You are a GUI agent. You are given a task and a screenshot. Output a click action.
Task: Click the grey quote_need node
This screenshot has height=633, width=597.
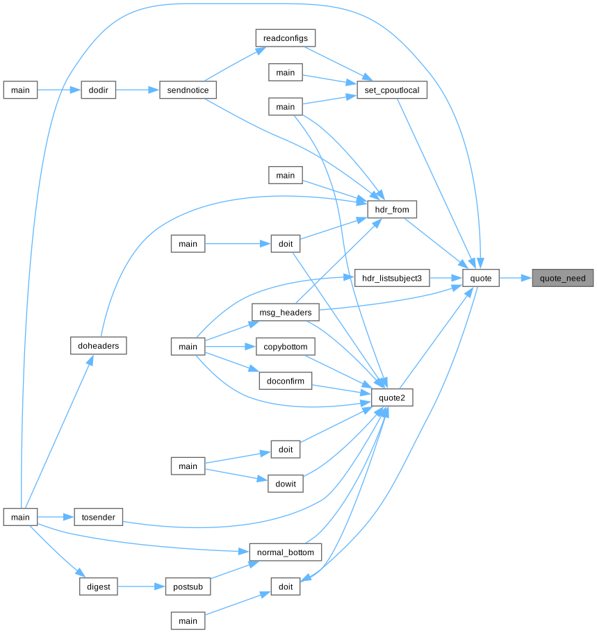pyautogui.click(x=563, y=279)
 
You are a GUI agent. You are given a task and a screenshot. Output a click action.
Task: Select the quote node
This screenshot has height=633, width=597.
pyautogui.click(x=481, y=279)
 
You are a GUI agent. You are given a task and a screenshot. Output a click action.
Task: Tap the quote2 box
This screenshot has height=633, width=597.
pyautogui.click(x=393, y=397)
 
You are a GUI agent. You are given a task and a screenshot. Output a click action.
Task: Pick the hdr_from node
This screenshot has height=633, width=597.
pyautogui.click(x=392, y=208)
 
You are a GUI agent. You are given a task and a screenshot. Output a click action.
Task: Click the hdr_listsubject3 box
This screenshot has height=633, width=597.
pyautogui.click(x=393, y=279)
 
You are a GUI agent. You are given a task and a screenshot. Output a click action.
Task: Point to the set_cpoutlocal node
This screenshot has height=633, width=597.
pyautogui.click(x=391, y=90)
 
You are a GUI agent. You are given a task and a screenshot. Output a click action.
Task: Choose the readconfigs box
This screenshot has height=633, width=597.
pyautogui.click(x=286, y=38)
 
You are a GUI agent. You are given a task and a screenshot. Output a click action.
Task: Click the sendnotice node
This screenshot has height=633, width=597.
pyautogui.click(x=188, y=90)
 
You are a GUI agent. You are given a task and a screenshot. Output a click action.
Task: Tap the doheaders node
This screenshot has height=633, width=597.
pyautogui.click(x=99, y=345)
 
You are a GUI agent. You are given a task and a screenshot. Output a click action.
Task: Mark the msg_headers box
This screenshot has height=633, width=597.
pyautogui.click(x=286, y=313)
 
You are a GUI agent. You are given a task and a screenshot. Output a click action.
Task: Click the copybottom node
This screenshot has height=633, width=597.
pyautogui.click(x=286, y=346)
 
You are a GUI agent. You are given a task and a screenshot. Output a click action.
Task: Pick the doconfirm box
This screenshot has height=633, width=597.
pyautogui.click(x=286, y=381)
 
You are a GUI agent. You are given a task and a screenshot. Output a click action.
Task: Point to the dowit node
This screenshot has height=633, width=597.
pyautogui.click(x=286, y=483)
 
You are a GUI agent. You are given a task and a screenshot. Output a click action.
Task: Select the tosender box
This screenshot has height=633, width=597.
pyautogui.click(x=99, y=517)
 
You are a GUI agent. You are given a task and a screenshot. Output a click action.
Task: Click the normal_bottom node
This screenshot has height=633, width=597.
pyautogui.click(x=286, y=552)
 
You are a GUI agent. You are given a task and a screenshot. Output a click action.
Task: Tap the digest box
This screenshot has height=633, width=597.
pyautogui.click(x=98, y=587)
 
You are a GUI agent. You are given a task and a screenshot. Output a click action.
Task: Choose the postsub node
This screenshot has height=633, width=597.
pyautogui.click(x=188, y=587)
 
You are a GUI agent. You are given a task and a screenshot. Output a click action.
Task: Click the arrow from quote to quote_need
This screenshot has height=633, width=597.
pyautogui.click(x=515, y=279)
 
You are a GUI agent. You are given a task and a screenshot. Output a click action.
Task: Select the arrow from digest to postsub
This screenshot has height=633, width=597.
pyautogui.click(x=140, y=587)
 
